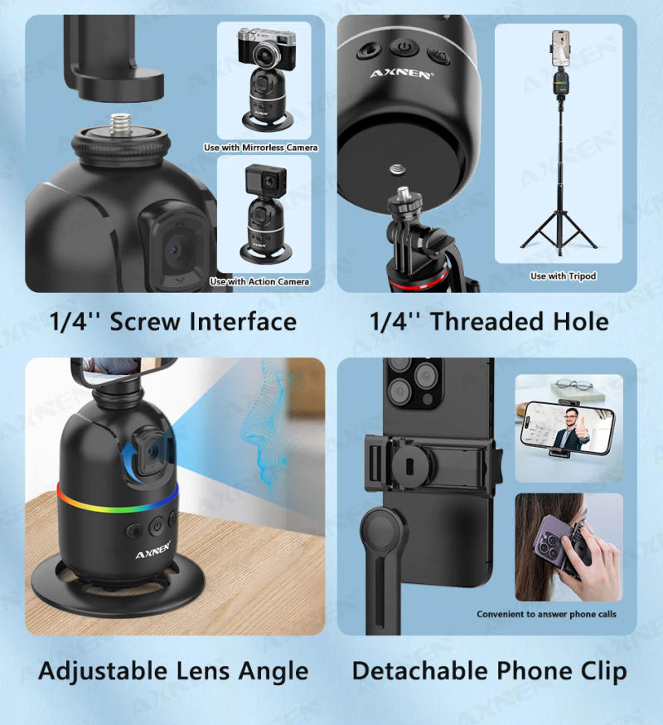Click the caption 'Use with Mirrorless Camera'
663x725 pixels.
(x=261, y=148)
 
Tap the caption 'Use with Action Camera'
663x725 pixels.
(x=259, y=282)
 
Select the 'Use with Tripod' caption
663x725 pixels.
(x=563, y=275)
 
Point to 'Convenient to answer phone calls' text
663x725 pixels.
(x=546, y=615)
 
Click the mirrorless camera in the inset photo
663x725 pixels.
(x=263, y=49)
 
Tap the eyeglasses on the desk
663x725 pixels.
(x=573, y=387)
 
